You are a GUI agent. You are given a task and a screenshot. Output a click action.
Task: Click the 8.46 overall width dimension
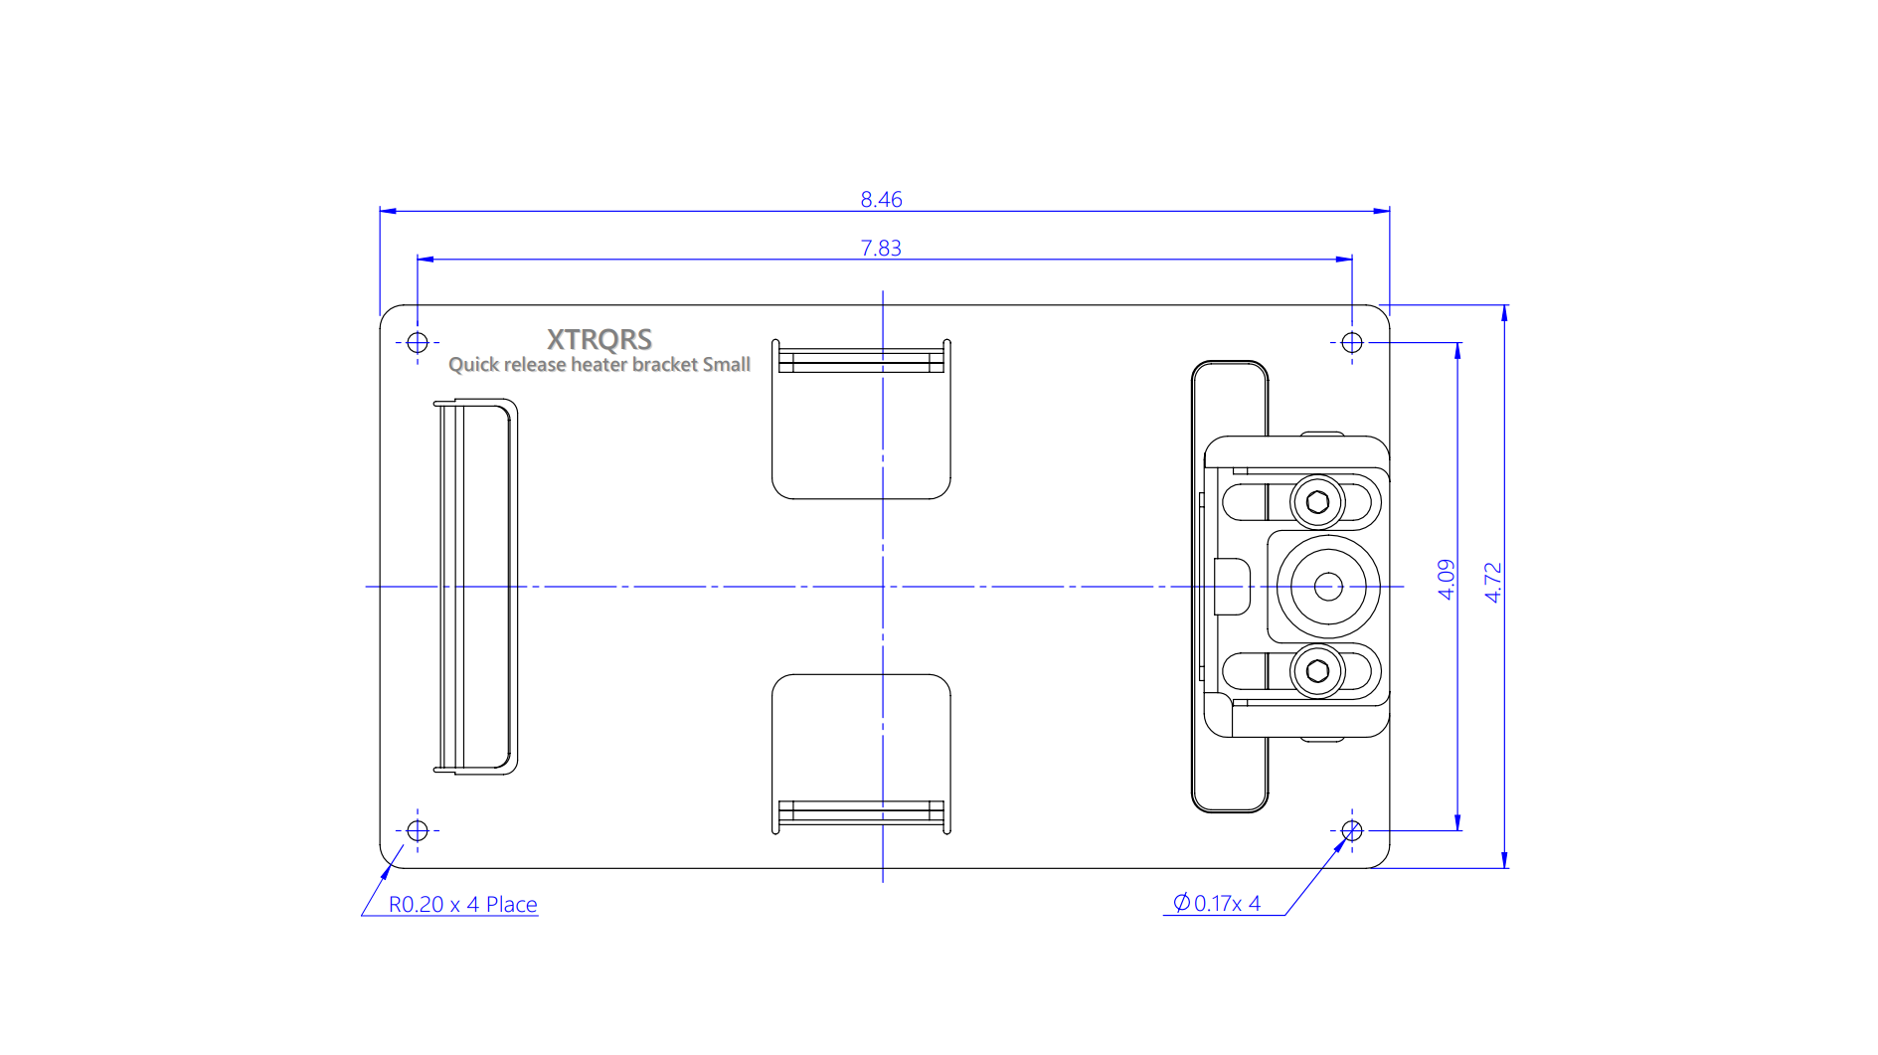881,199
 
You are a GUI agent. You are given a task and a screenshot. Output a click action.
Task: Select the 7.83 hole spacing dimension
881,248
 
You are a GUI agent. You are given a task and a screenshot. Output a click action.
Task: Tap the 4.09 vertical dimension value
1447,579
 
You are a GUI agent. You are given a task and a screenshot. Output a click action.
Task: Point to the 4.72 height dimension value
1492,582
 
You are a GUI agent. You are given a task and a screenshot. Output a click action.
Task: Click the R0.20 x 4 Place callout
462,904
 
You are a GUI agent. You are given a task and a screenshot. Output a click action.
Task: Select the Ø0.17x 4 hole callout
1217,903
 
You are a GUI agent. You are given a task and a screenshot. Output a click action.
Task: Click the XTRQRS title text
599,339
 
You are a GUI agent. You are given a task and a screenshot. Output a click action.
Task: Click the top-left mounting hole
418,342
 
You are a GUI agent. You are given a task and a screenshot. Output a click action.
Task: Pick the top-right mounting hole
1351,342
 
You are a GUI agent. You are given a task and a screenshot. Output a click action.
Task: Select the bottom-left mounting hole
418,830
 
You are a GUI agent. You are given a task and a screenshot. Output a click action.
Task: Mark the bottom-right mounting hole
1351,830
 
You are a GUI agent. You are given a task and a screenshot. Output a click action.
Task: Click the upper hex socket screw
1317,502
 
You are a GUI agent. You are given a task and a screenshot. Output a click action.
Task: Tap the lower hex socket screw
1317,671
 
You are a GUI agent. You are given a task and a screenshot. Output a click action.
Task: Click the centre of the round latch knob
1328,587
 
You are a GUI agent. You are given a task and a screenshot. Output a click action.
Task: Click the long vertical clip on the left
476,587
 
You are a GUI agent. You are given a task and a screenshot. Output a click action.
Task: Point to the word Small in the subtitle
726,365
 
